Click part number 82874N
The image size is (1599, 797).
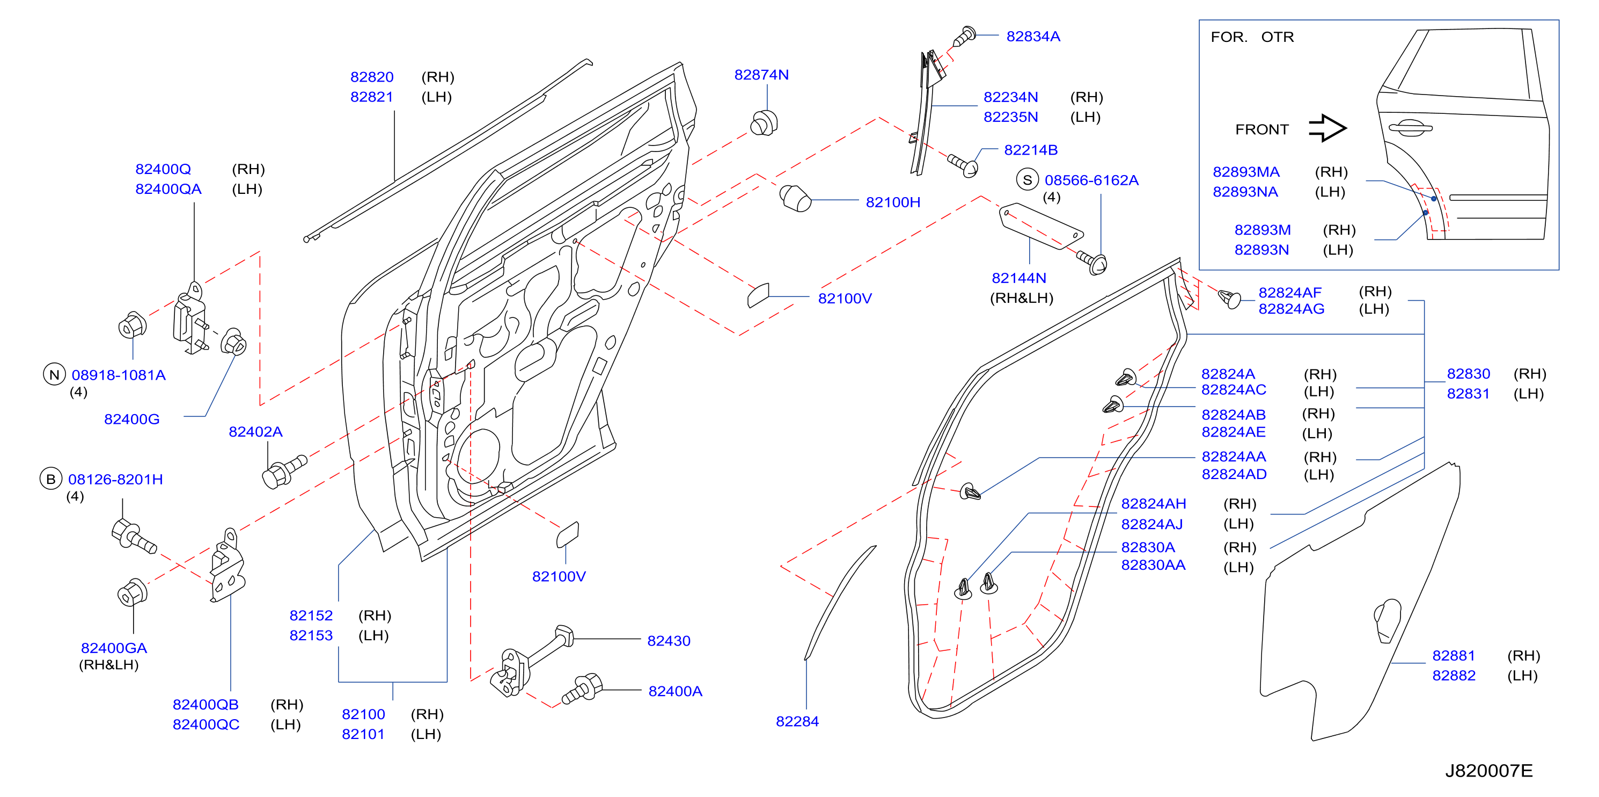(761, 75)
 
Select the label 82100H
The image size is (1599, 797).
(893, 202)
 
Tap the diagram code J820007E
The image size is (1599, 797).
(1488, 770)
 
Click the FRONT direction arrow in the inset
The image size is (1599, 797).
(1327, 128)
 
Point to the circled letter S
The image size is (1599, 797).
(1028, 180)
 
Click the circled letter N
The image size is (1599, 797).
(54, 374)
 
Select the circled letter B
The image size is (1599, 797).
(51, 479)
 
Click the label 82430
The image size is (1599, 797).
(669, 641)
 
